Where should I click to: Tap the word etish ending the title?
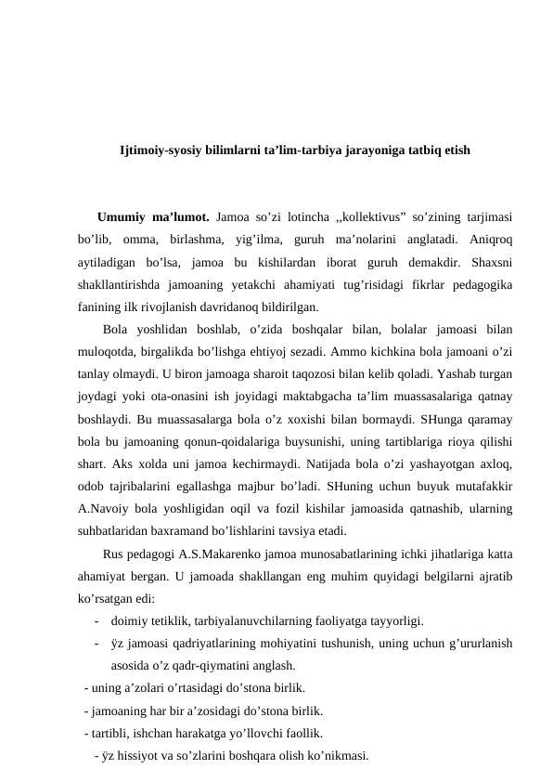coord(453,150)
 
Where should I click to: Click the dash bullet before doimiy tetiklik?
coord(96,621)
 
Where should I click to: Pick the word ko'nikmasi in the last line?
coord(336,755)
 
